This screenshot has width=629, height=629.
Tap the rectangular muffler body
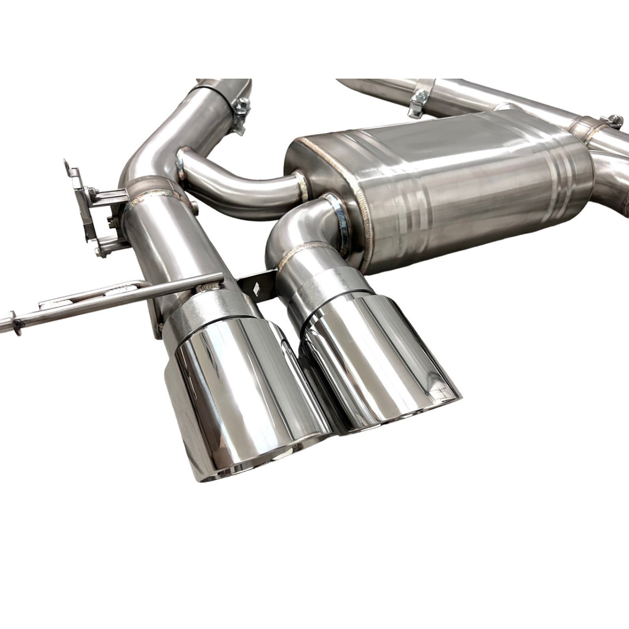pos(446,194)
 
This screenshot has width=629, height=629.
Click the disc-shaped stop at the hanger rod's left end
pos(16,324)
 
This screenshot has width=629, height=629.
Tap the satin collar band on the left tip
pos(210,309)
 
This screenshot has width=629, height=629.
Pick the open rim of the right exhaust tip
pos(398,414)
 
